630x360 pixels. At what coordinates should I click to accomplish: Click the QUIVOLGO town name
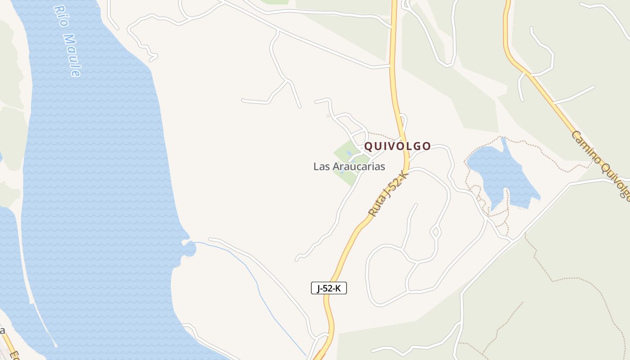[x=397, y=146]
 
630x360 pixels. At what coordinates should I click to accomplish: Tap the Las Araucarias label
[x=349, y=166]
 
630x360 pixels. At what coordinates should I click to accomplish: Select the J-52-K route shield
[x=329, y=288]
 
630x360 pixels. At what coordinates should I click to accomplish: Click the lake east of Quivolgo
[x=499, y=173]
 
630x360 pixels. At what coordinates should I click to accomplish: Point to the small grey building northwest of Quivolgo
[x=328, y=116]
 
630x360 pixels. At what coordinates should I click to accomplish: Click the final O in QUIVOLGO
[x=427, y=146]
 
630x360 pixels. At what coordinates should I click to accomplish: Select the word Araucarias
[x=359, y=166]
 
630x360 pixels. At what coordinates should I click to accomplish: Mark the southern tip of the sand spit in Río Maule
[x=55, y=345]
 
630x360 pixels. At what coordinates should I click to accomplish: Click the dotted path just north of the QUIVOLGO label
[x=382, y=135]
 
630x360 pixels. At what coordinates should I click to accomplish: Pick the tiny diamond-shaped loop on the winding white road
[x=435, y=233]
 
